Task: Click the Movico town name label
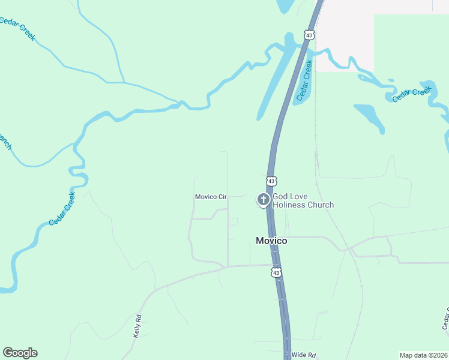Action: (x=271, y=241)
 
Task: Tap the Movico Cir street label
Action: (x=210, y=197)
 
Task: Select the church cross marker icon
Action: (x=263, y=199)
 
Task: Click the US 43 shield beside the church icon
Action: (x=271, y=181)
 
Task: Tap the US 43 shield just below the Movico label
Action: (x=276, y=272)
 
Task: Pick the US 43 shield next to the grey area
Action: (x=309, y=35)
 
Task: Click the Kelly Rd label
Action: (x=137, y=326)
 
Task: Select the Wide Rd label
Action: (x=303, y=355)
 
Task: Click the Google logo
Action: (x=20, y=353)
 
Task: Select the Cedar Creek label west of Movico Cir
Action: (x=62, y=208)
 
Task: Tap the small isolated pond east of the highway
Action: (x=370, y=118)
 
